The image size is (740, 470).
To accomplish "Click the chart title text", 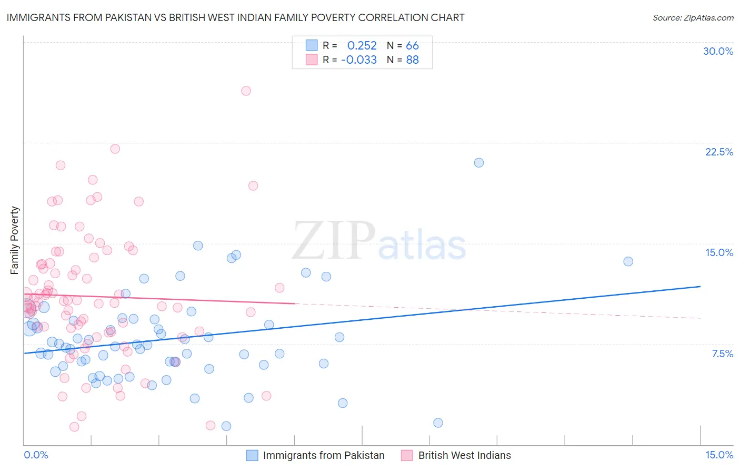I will point(235,17).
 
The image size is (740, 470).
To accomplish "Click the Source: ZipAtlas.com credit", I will point(693,17).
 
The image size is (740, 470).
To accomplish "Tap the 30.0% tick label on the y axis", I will point(718,51).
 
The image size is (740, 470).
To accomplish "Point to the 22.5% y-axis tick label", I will point(719,152).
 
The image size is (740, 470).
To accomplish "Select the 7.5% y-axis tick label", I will point(722,354).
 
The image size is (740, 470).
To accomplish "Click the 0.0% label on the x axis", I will point(36,455).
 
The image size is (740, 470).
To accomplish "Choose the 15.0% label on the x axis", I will point(719,455).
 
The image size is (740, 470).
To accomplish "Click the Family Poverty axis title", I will point(14,240).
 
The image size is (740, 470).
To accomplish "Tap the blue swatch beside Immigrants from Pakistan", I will point(252,455).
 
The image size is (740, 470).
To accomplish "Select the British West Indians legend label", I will point(464,455).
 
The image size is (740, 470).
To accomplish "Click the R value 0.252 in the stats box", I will point(362,46).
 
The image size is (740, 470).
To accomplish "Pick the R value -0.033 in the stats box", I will point(359,60).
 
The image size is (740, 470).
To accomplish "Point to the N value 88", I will point(412,60).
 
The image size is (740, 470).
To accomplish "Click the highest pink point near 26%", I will point(246,91).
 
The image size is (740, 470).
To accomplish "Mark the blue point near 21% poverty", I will point(479,163).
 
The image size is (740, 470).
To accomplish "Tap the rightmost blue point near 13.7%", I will point(628,261).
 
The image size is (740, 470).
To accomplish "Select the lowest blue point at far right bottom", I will point(438,423).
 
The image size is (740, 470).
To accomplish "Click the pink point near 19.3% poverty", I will point(253,185).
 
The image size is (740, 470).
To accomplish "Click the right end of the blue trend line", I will point(700,286).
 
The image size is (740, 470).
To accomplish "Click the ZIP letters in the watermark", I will point(334,240).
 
